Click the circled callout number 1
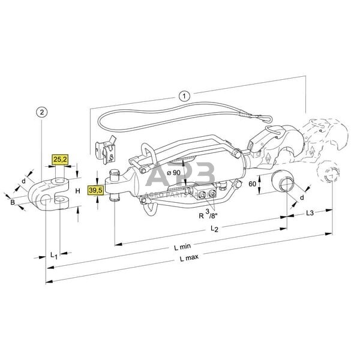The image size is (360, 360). click(x=185, y=95)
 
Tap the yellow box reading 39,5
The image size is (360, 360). click(x=95, y=191)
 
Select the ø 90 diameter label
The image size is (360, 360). click(x=174, y=173)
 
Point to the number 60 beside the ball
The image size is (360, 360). click(x=253, y=184)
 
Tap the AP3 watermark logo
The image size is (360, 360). click(x=181, y=178)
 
